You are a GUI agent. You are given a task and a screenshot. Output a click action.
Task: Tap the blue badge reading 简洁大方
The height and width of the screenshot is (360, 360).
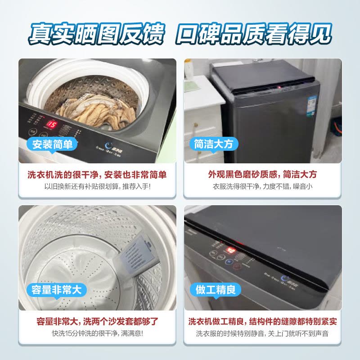tap(213, 144)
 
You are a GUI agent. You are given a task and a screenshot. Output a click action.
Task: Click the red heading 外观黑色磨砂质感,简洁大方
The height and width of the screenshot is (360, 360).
tap(262, 175)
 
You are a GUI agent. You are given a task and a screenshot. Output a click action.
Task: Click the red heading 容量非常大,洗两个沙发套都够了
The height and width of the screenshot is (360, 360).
tap(97, 322)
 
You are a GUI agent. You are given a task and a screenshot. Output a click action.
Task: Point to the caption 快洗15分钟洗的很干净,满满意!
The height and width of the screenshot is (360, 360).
tap(97, 333)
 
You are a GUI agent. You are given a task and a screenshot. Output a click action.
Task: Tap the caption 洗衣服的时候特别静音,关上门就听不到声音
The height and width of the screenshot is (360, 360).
tap(262, 333)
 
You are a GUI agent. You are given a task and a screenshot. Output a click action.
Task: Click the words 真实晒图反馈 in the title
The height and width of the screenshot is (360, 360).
tap(96, 34)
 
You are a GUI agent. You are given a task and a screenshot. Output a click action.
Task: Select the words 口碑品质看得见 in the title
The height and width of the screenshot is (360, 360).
tap(254, 34)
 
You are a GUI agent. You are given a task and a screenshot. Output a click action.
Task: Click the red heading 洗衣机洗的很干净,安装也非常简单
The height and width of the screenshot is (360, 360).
tap(97, 175)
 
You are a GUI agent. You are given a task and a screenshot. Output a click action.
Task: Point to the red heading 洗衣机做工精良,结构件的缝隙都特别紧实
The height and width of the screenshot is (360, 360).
tap(262, 322)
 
